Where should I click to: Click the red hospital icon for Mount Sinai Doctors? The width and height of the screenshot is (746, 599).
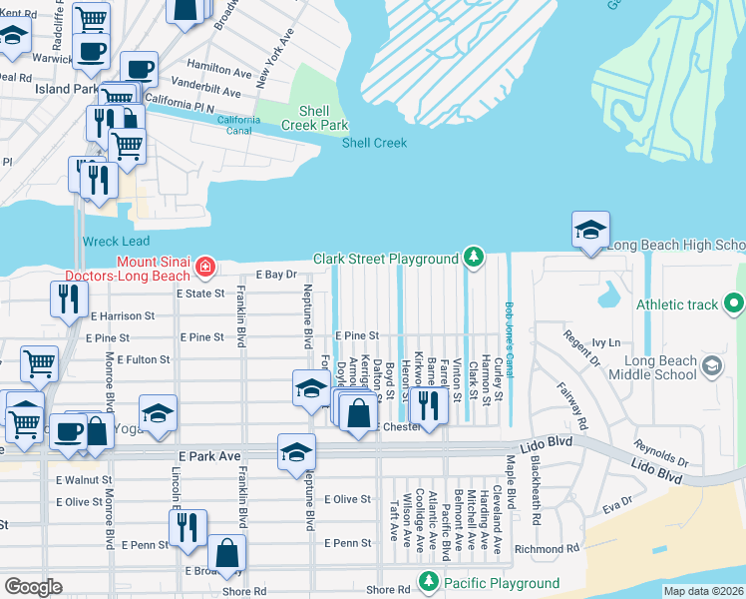[x=205, y=267]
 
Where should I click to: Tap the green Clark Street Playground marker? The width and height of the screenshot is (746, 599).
[x=472, y=260]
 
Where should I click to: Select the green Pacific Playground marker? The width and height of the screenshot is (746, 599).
[x=429, y=582]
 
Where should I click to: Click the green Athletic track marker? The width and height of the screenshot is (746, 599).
[x=735, y=302]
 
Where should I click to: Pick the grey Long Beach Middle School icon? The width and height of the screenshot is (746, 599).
[x=712, y=366]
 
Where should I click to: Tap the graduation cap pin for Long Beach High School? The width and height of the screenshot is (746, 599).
[x=589, y=229]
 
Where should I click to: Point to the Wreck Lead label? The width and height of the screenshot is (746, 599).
[x=116, y=241]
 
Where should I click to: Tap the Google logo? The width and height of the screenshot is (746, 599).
[x=33, y=586]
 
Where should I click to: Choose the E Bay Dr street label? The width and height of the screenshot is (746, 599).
[x=277, y=274]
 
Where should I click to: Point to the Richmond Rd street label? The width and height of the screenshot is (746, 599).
[x=547, y=548]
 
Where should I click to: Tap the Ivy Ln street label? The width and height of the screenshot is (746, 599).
[x=605, y=342]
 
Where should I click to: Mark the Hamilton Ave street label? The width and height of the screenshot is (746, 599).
[x=219, y=72]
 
